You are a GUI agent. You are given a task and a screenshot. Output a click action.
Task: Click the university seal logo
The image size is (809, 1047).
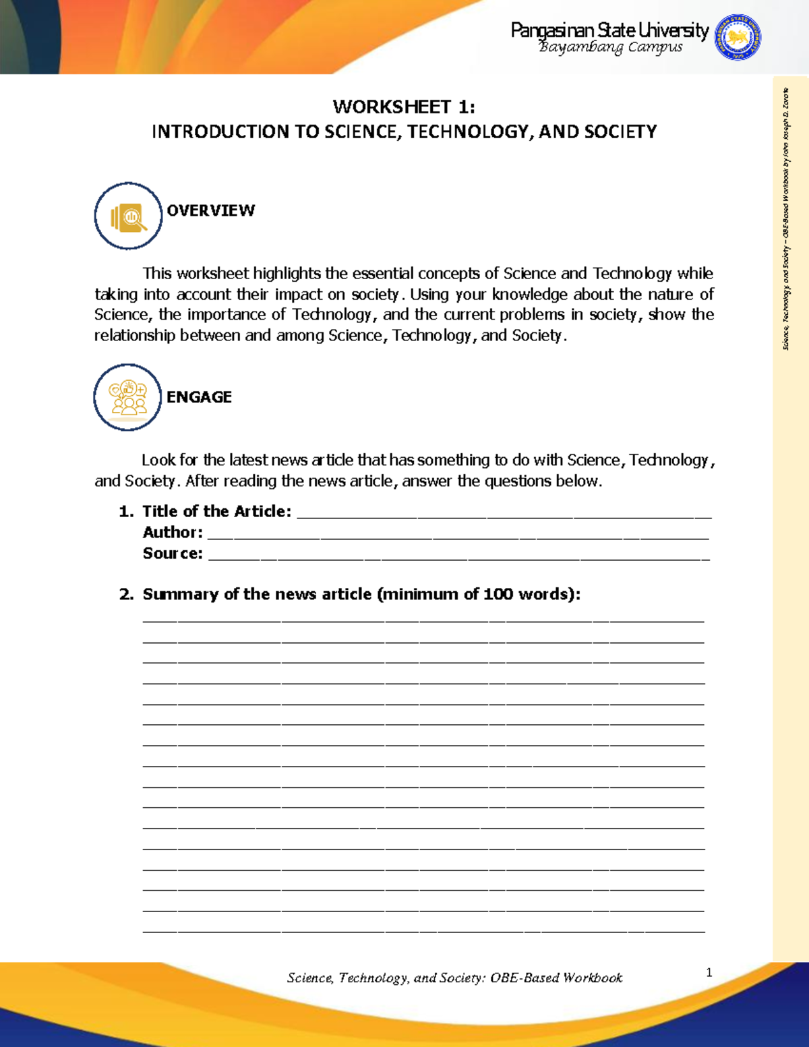coord(738,38)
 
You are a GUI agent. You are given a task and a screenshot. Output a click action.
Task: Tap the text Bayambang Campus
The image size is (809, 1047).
coord(610,47)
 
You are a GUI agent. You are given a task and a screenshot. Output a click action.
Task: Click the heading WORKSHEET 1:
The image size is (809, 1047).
coord(404,107)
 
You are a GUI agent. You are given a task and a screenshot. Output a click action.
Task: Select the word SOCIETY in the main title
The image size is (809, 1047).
coord(620,131)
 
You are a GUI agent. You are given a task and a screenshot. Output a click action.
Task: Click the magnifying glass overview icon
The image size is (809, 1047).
coord(128,216)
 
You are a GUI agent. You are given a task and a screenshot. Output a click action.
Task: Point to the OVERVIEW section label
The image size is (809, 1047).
coord(211,210)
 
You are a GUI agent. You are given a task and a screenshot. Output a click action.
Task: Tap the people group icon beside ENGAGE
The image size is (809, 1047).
coord(127,398)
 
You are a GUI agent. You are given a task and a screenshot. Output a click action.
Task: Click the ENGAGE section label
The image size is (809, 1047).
coord(199,397)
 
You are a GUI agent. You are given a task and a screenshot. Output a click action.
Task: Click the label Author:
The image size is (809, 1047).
coord(173,533)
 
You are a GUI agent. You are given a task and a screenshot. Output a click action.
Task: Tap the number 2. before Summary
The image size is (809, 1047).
coord(125,595)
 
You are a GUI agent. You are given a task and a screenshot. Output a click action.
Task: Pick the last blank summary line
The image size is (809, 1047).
coord(423,930)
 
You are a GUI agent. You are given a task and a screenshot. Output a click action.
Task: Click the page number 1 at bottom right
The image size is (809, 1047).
coord(709,972)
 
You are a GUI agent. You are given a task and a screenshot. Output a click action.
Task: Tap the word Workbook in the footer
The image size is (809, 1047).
coord(593,978)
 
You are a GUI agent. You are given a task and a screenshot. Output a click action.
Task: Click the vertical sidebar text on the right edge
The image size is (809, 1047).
coord(785,219)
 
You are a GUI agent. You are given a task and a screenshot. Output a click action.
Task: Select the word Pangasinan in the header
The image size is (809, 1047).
coord(552,30)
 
